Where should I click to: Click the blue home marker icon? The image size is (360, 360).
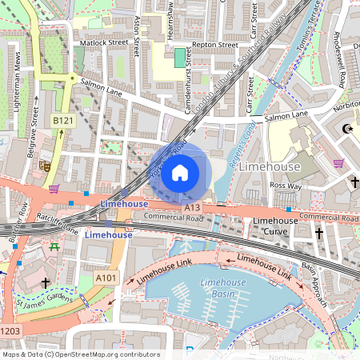tap(180, 172)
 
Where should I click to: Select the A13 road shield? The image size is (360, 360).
tap(191, 207)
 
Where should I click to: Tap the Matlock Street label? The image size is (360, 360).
tap(102, 42)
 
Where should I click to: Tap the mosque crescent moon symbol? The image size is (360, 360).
tap(346, 128)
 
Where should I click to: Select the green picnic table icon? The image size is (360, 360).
tap(54, 247)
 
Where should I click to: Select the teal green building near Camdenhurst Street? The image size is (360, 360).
tap(178, 58)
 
